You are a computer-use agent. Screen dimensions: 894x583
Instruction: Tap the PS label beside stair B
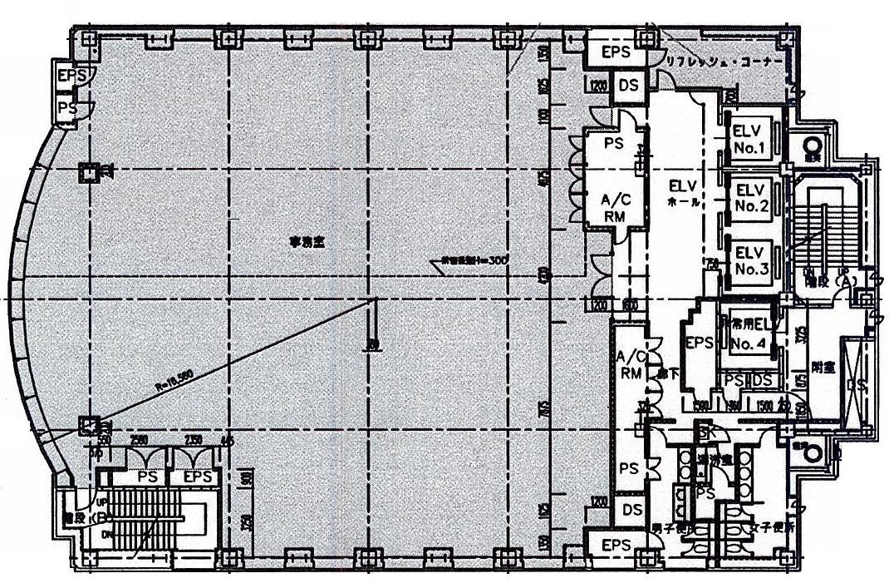pos(148,478)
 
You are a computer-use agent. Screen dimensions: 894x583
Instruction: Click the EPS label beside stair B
pos(196,478)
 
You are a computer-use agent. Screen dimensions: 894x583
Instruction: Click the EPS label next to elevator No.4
pos(697,343)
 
